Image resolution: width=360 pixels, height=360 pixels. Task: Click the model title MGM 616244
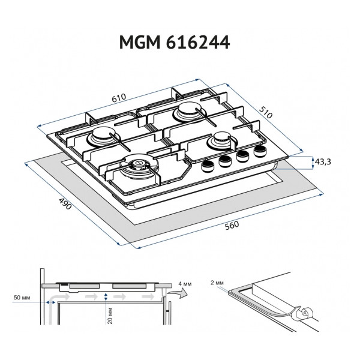point(175,42)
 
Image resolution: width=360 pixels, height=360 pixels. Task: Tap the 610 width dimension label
point(119,98)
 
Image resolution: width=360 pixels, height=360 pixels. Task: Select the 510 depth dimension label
point(266,112)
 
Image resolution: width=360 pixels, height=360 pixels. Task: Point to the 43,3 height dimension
point(323,162)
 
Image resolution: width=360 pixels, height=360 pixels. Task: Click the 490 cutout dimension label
point(65,203)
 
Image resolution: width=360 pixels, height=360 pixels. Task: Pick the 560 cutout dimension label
point(232,226)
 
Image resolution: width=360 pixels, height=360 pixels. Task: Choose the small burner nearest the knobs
point(220,140)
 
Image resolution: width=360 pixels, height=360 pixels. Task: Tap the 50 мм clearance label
point(22,298)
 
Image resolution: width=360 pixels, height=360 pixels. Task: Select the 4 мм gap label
point(185,284)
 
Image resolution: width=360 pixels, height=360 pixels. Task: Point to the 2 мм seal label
point(217,283)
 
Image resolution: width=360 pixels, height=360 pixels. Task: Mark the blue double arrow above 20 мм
point(106,296)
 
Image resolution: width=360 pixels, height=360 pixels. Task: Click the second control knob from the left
point(225,161)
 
